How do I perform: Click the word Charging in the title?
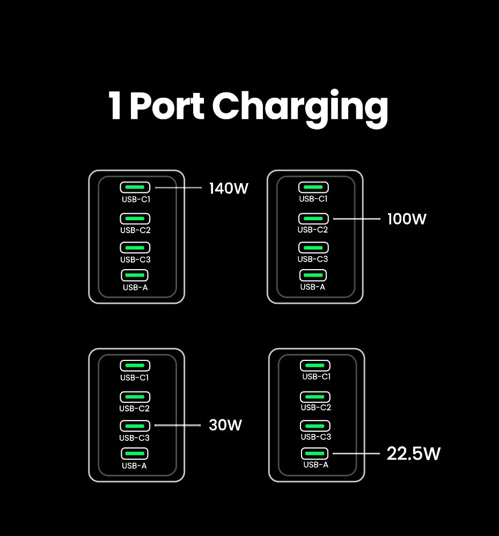[x=300, y=107]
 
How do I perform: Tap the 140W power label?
[x=229, y=189]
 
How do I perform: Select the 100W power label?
[x=407, y=219]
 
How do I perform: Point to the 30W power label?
[x=225, y=425]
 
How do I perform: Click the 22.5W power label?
[x=413, y=454]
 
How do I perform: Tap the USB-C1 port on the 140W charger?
[x=135, y=187]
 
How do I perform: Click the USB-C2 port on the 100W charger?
[x=313, y=219]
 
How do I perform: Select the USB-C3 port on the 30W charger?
[x=135, y=425]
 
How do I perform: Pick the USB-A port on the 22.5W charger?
[x=314, y=453]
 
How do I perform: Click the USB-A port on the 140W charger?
[x=135, y=276]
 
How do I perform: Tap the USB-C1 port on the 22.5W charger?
[x=315, y=366]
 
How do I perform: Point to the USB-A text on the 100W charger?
[x=313, y=287]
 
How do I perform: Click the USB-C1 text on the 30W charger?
[x=135, y=378]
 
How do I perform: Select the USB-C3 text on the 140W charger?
[x=135, y=259]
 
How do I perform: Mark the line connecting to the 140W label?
[x=178, y=188]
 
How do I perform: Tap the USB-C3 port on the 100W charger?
[x=313, y=248]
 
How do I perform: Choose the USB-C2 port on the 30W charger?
[x=135, y=397]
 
